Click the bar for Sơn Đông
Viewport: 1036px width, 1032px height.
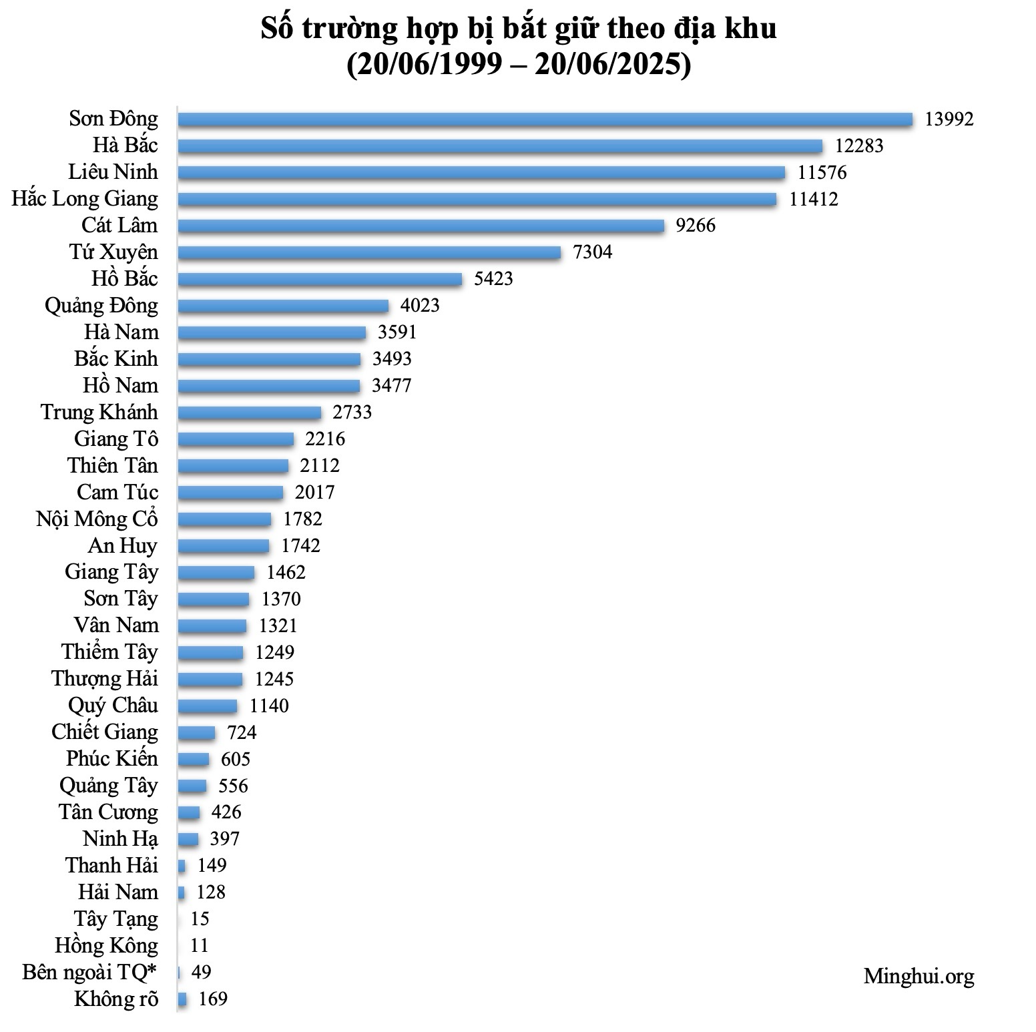[x=545, y=119]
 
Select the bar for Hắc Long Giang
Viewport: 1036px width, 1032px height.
[x=477, y=200]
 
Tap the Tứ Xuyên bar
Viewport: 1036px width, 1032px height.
[x=368, y=252]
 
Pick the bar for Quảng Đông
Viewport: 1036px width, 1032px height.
[x=283, y=306]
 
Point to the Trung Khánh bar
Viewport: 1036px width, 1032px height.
[x=249, y=413]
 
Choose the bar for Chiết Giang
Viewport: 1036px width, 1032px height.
[x=196, y=733]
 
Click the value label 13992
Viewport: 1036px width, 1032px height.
[x=949, y=119]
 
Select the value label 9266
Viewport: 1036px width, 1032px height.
[x=696, y=226]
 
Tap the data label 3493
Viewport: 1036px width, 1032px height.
[x=392, y=359]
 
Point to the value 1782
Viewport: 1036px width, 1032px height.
[x=302, y=519]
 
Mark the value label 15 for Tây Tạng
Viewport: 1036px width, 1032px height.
[x=200, y=919]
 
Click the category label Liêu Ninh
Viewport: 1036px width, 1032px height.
[x=113, y=172]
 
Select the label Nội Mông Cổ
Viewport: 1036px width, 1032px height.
[x=97, y=519]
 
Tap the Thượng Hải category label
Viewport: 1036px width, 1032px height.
[x=105, y=679]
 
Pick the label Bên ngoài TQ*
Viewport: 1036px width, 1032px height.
[x=89, y=973]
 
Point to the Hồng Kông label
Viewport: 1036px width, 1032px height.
[x=107, y=946]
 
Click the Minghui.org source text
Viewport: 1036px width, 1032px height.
[x=919, y=977]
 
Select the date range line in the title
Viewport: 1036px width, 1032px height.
[x=518, y=65]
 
